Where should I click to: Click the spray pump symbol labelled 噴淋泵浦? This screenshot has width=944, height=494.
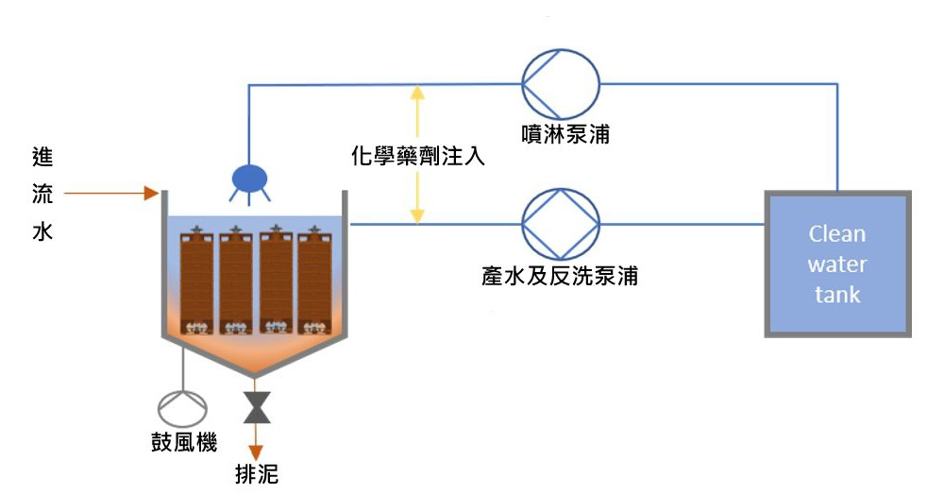(560, 84)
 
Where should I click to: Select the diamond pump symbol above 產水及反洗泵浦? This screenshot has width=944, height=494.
(561, 224)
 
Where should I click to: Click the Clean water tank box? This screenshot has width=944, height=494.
(837, 264)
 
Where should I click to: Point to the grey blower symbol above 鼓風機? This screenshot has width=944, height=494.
(182, 408)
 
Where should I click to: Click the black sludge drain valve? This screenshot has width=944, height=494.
(257, 407)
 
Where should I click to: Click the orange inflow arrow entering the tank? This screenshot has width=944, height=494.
(111, 194)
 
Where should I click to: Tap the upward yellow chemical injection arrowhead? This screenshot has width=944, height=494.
(417, 93)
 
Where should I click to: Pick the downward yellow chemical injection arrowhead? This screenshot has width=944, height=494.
(417, 215)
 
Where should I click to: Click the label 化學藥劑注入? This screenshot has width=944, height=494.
(418, 156)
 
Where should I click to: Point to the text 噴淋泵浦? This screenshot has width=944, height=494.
(565, 134)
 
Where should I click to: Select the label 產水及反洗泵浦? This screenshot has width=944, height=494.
(560, 276)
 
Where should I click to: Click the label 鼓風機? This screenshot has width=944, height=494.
(184, 443)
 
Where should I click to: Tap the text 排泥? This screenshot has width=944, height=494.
(257, 474)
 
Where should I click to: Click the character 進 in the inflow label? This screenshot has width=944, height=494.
(42, 157)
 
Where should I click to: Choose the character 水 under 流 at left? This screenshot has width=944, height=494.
(42, 230)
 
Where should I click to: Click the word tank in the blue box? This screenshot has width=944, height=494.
(837, 295)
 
